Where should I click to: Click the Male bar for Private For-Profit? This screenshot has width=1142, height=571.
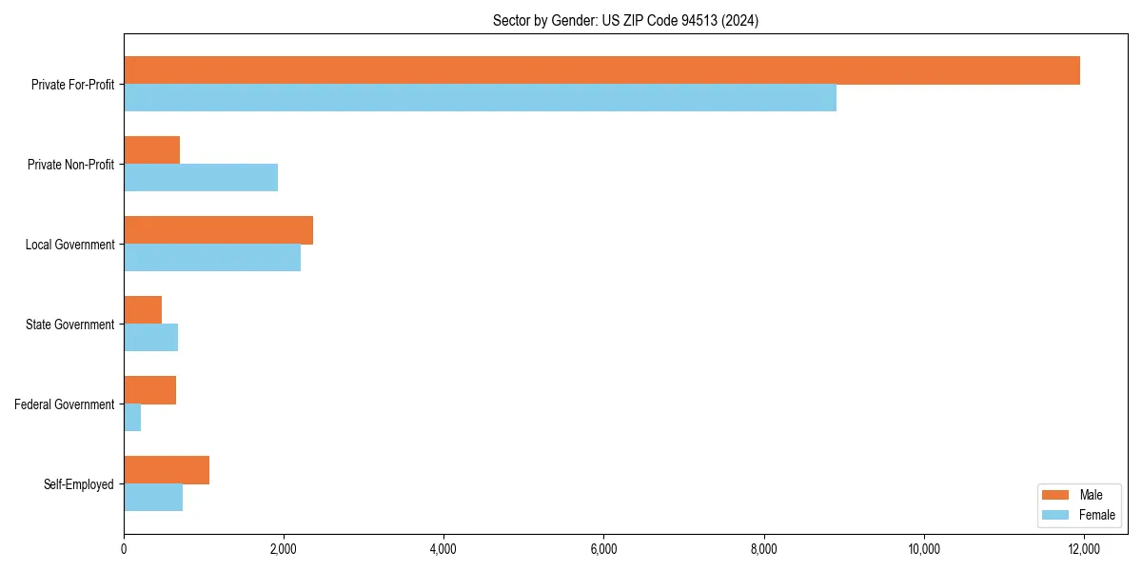pos(601,70)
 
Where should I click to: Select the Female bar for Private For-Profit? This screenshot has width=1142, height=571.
pos(480,98)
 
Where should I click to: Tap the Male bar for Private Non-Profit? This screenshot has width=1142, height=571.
pos(152,150)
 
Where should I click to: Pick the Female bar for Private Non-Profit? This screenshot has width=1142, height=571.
pos(201,178)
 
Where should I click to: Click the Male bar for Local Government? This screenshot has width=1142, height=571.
pos(218,230)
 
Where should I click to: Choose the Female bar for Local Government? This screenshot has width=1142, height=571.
pos(212,258)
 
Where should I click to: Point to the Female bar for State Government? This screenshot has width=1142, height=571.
pos(150,338)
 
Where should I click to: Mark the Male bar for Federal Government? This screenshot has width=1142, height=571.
pos(149,390)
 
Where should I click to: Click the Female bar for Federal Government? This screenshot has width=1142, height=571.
pos(132,418)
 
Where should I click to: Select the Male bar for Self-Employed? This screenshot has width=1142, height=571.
pos(167,470)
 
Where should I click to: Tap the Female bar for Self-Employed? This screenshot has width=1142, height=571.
pos(153,498)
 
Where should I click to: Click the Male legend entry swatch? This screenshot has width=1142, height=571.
pos(1056,495)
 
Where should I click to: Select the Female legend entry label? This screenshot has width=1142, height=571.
pos(1097,515)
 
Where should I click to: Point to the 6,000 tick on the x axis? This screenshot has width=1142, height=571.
pos(603,535)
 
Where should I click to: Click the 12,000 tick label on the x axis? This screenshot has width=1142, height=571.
pos(1084,549)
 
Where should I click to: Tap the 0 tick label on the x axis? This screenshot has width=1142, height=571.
pos(124,549)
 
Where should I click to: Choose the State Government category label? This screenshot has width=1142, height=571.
pos(69,325)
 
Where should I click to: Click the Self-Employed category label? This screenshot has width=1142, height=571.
pos(78,484)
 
